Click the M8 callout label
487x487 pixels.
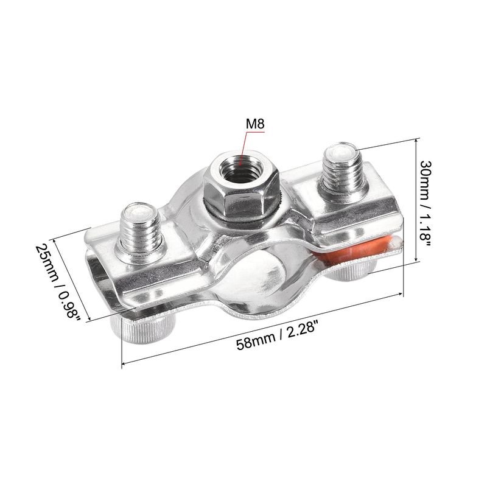(255, 124)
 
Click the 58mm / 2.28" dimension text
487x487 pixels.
(278, 335)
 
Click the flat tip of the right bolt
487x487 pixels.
(341, 152)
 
